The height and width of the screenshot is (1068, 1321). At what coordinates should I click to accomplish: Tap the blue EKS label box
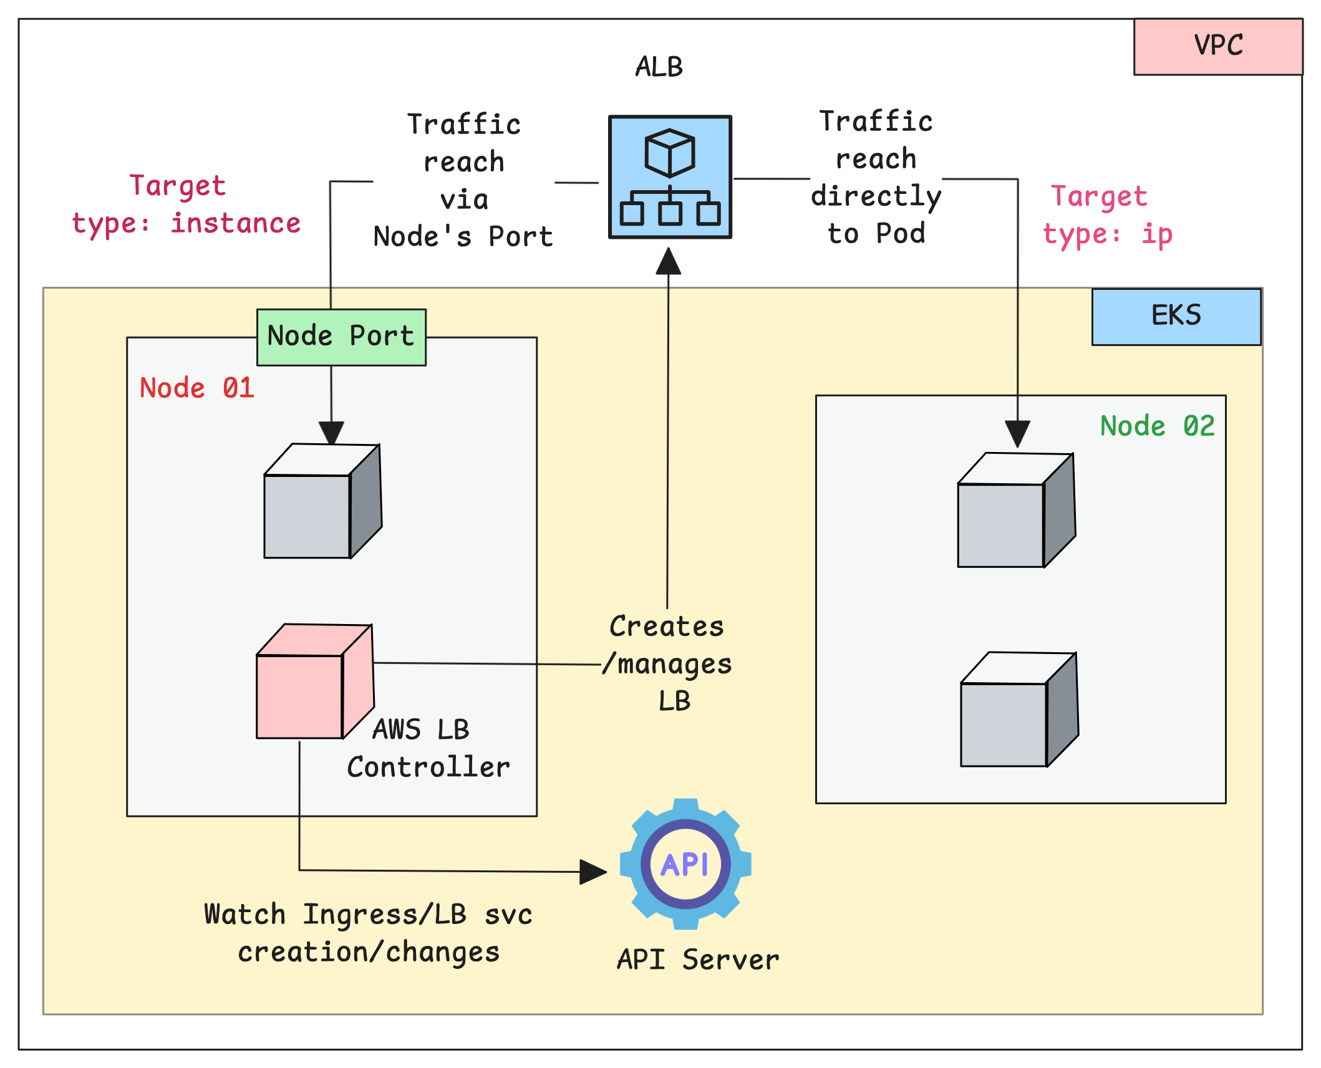(x=1176, y=316)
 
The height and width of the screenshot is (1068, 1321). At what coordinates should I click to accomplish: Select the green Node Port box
(x=341, y=337)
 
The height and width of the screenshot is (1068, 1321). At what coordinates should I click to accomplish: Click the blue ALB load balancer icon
(x=670, y=177)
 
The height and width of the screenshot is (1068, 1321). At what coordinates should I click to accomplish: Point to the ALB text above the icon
(x=659, y=67)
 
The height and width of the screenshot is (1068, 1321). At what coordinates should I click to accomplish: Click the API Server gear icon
(x=685, y=864)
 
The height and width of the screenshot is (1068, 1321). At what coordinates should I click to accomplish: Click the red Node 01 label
(x=197, y=388)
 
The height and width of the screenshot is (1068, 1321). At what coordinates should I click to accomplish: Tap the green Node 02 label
(x=1157, y=426)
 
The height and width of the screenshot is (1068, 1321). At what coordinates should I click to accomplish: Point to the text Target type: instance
(x=186, y=205)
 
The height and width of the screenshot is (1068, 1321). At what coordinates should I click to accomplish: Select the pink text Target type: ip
(x=1107, y=216)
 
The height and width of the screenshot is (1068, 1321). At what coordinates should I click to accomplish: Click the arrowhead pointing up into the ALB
(x=668, y=262)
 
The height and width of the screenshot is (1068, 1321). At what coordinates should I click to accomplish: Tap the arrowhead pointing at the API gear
(x=592, y=872)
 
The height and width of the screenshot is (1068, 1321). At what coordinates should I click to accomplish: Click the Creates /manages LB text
(x=669, y=663)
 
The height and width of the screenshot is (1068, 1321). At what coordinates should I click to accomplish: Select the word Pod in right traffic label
(x=900, y=234)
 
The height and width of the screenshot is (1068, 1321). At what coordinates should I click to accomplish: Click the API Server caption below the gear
(x=698, y=960)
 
